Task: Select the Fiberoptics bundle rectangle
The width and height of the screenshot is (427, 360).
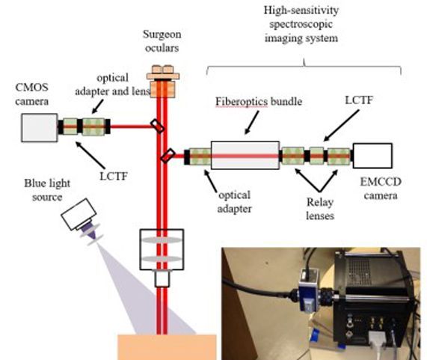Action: [244, 156]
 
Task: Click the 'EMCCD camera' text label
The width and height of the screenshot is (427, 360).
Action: [377, 191]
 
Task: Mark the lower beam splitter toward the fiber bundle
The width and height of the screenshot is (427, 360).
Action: [168, 156]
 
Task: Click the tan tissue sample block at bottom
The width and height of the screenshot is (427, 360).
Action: [157, 346]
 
